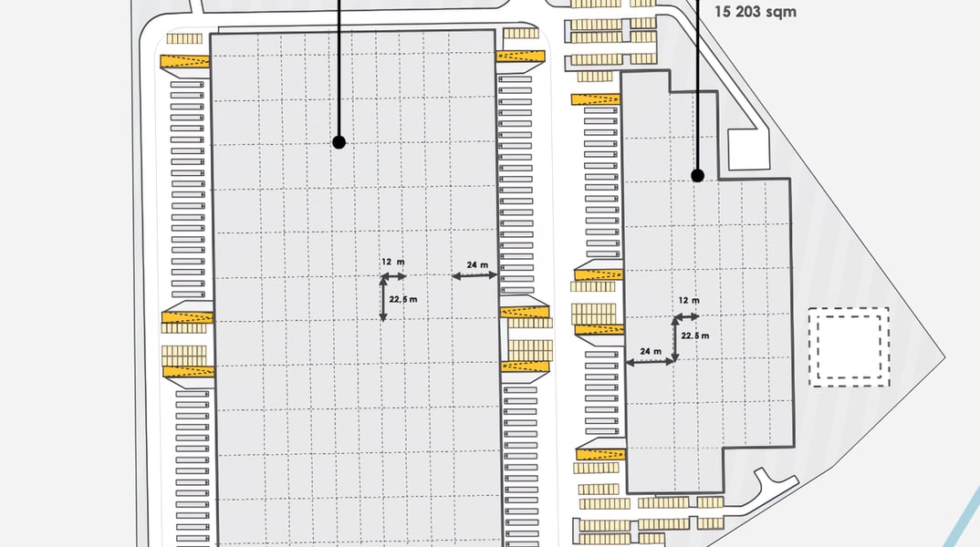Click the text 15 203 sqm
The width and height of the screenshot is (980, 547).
click(755, 11)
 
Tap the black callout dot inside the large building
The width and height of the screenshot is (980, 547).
click(339, 142)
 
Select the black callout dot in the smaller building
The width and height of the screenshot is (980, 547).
click(697, 176)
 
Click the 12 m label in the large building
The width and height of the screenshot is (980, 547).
click(393, 263)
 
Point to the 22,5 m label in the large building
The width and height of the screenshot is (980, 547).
click(403, 299)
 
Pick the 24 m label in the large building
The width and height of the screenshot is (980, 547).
click(477, 264)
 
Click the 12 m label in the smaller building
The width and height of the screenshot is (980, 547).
click(689, 300)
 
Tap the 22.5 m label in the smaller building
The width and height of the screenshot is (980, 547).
click(695, 335)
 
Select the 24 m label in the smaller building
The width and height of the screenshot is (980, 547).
click(651, 352)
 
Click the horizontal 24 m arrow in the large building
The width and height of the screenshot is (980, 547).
click(474, 275)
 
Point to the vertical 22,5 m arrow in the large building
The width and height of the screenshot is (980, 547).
click(383, 299)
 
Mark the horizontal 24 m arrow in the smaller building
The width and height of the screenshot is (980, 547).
click(650, 362)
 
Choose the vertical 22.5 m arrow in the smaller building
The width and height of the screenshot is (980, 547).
click(675, 339)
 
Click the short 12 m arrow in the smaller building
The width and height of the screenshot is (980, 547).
click(687, 317)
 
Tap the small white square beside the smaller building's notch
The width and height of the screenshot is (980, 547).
click(749, 150)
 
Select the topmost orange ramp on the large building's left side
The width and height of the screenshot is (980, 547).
click(185, 61)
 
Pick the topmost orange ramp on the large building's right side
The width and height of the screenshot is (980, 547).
click(521, 57)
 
